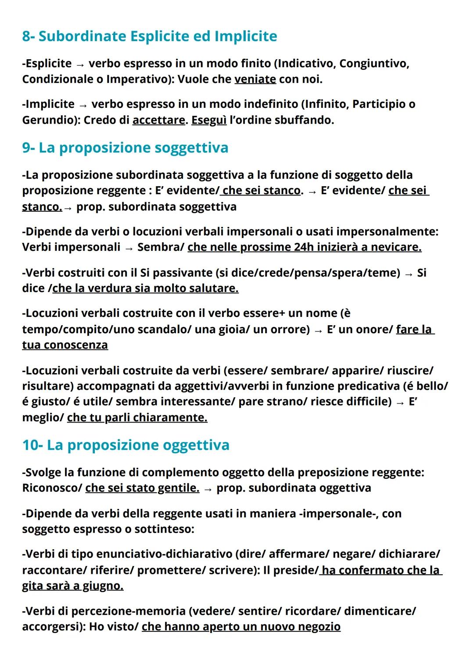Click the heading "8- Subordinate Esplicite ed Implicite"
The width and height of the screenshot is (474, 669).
pyautogui.click(x=149, y=36)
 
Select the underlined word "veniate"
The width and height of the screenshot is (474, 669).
pyautogui.click(x=255, y=79)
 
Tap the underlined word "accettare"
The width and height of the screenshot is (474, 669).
pyautogui.click(x=158, y=120)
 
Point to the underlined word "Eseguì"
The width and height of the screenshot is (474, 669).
pyautogui.click(x=209, y=120)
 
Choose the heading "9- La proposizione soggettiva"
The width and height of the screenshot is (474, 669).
pyautogui.click(x=125, y=147)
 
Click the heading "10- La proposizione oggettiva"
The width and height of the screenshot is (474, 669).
pyautogui.click(x=126, y=445)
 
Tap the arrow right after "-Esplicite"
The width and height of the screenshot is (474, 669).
pyautogui.click(x=80, y=64)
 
